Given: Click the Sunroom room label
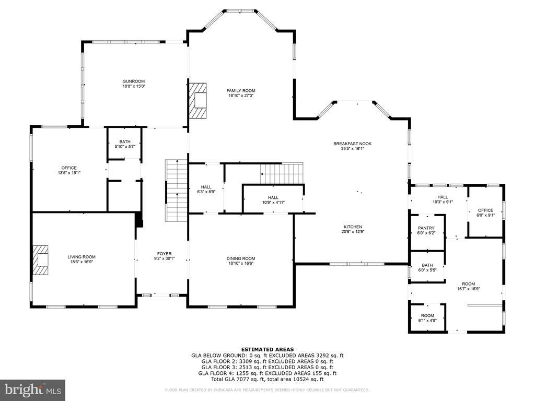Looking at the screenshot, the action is click(x=134, y=81).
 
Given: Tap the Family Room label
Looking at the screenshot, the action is click(x=241, y=90).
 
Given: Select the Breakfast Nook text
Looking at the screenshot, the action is click(x=353, y=144).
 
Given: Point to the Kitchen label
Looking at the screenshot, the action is click(x=353, y=227).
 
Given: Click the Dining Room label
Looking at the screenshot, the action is click(x=241, y=258).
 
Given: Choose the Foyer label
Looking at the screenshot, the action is click(x=165, y=254).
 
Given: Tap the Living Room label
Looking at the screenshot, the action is click(x=82, y=257).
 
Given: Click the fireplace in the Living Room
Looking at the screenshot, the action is click(x=40, y=260).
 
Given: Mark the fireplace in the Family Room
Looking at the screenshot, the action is click(x=198, y=100).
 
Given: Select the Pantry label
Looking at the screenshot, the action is click(x=426, y=228).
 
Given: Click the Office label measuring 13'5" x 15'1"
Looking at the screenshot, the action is click(x=69, y=168).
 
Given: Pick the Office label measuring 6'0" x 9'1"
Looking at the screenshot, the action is click(x=485, y=210).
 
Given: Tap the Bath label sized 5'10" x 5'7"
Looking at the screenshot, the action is click(x=125, y=142).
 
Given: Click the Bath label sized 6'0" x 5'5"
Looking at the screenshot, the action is click(x=427, y=265).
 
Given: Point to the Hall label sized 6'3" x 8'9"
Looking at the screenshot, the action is click(x=206, y=187).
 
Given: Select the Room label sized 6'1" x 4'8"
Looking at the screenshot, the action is click(x=427, y=315).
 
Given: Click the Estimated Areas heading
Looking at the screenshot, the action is click(x=267, y=349).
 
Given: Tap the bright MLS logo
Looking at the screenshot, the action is click(x=33, y=389).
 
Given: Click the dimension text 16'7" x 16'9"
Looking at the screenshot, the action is click(x=469, y=289).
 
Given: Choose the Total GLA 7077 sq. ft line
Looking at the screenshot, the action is click(x=267, y=379).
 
